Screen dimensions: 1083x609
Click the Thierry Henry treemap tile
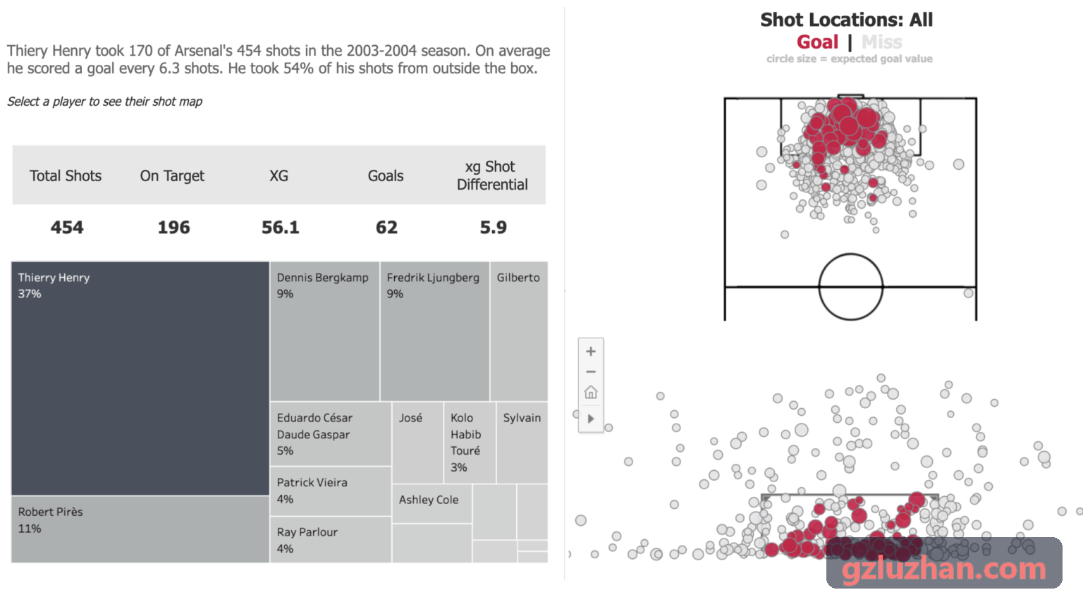tap(140, 379)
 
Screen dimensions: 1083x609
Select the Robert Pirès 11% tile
tap(140, 529)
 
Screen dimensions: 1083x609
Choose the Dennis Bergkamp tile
tap(325, 331)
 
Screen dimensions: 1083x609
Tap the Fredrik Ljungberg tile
tap(434, 331)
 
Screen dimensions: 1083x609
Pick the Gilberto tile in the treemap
tap(519, 331)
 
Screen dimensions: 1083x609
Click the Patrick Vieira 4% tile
tap(331, 491)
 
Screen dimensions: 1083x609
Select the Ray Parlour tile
tap(331, 539)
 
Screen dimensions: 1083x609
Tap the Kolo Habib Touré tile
tap(470, 442)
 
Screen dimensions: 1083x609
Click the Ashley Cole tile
tap(432, 503)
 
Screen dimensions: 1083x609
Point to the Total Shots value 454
tap(67, 227)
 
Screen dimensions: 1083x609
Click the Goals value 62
tap(386, 227)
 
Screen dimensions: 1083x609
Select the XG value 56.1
tap(281, 227)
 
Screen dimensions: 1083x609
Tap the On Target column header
tap(172, 176)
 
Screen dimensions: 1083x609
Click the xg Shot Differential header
tap(492, 176)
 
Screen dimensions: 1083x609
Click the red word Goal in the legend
tap(818, 42)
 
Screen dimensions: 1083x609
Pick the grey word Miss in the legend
tap(882, 42)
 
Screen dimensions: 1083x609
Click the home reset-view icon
tap(591, 392)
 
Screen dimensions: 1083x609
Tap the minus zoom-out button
tap(591, 371)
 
